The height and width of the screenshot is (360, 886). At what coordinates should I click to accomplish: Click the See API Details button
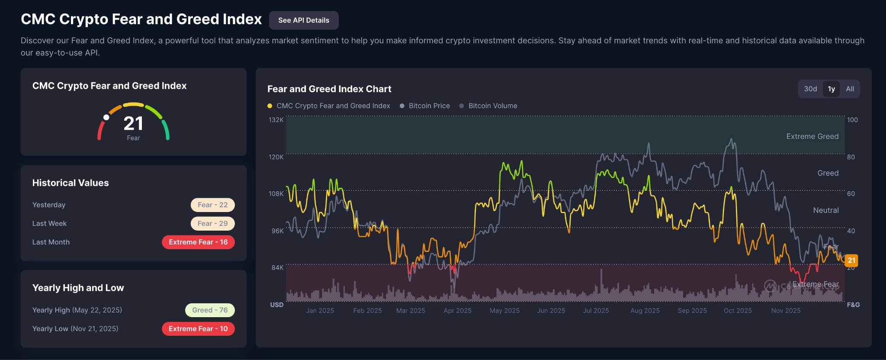[304, 20]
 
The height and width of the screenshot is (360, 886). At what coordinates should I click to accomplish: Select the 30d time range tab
[810, 89]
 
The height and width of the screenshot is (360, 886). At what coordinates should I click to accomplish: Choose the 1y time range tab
[831, 89]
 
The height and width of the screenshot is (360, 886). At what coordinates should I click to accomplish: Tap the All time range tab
[850, 89]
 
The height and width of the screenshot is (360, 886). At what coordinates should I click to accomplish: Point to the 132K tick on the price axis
[276, 119]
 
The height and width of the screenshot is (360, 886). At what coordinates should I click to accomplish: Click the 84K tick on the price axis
[277, 267]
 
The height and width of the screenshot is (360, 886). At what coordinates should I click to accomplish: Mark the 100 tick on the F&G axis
[852, 120]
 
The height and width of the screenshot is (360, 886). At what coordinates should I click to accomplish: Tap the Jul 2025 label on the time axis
[596, 311]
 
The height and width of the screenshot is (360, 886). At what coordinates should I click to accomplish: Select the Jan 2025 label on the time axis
[320, 311]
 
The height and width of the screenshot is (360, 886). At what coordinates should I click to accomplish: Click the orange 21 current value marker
[851, 260]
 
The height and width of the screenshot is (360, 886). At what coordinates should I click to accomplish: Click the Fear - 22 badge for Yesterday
[212, 205]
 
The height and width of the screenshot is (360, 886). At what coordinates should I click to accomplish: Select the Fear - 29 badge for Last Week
[212, 223]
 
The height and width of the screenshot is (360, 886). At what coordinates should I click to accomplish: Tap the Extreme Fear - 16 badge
[198, 242]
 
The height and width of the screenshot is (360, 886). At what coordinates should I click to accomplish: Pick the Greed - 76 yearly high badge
[210, 310]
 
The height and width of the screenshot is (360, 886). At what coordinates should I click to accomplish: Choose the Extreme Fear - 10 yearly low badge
[198, 328]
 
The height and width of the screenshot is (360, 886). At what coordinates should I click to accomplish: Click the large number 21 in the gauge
[133, 124]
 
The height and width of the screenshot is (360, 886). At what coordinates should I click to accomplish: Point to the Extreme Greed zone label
[812, 136]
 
